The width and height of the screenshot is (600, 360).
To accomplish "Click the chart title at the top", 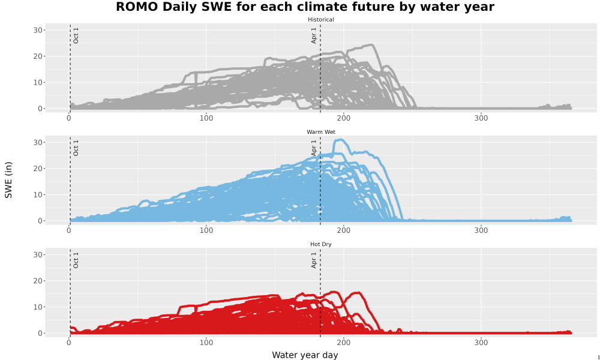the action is tap(305, 7).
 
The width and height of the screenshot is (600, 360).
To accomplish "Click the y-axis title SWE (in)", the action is tap(8, 180).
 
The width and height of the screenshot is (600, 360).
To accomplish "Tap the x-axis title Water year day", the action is tap(305, 355).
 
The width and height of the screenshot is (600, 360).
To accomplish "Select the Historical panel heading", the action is tap(320, 20).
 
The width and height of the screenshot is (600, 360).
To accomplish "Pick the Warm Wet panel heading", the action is tap(320, 132).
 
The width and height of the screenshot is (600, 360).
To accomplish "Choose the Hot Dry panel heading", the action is tap(320, 244).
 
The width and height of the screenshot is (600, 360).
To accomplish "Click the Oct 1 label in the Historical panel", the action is tap(76, 35).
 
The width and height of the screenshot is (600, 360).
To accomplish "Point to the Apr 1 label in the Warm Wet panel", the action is tap(314, 148).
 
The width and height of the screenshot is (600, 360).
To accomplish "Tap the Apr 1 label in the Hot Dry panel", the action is tap(314, 260).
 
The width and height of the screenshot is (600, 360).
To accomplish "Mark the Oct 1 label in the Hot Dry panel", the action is tap(76, 260).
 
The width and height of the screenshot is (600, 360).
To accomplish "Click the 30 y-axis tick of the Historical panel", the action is tap(37, 30).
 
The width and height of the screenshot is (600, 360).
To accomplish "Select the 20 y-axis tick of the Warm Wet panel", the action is tap(37, 169).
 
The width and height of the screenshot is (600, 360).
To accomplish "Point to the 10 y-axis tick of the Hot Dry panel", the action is tap(37, 307).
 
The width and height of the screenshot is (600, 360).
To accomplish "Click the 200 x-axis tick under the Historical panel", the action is tap(344, 118).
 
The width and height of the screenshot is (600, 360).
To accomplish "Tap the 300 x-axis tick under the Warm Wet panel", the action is tap(481, 230).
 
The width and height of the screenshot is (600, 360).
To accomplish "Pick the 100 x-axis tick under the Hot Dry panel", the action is tap(206, 343).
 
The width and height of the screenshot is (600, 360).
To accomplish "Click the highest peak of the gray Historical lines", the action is tap(371, 45).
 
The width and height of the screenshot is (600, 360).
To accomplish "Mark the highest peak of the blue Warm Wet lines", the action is tap(340, 140).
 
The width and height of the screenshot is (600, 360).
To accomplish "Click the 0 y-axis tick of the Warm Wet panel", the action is tap(40, 221).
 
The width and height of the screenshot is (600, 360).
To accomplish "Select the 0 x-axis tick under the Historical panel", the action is tap(69, 118).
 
